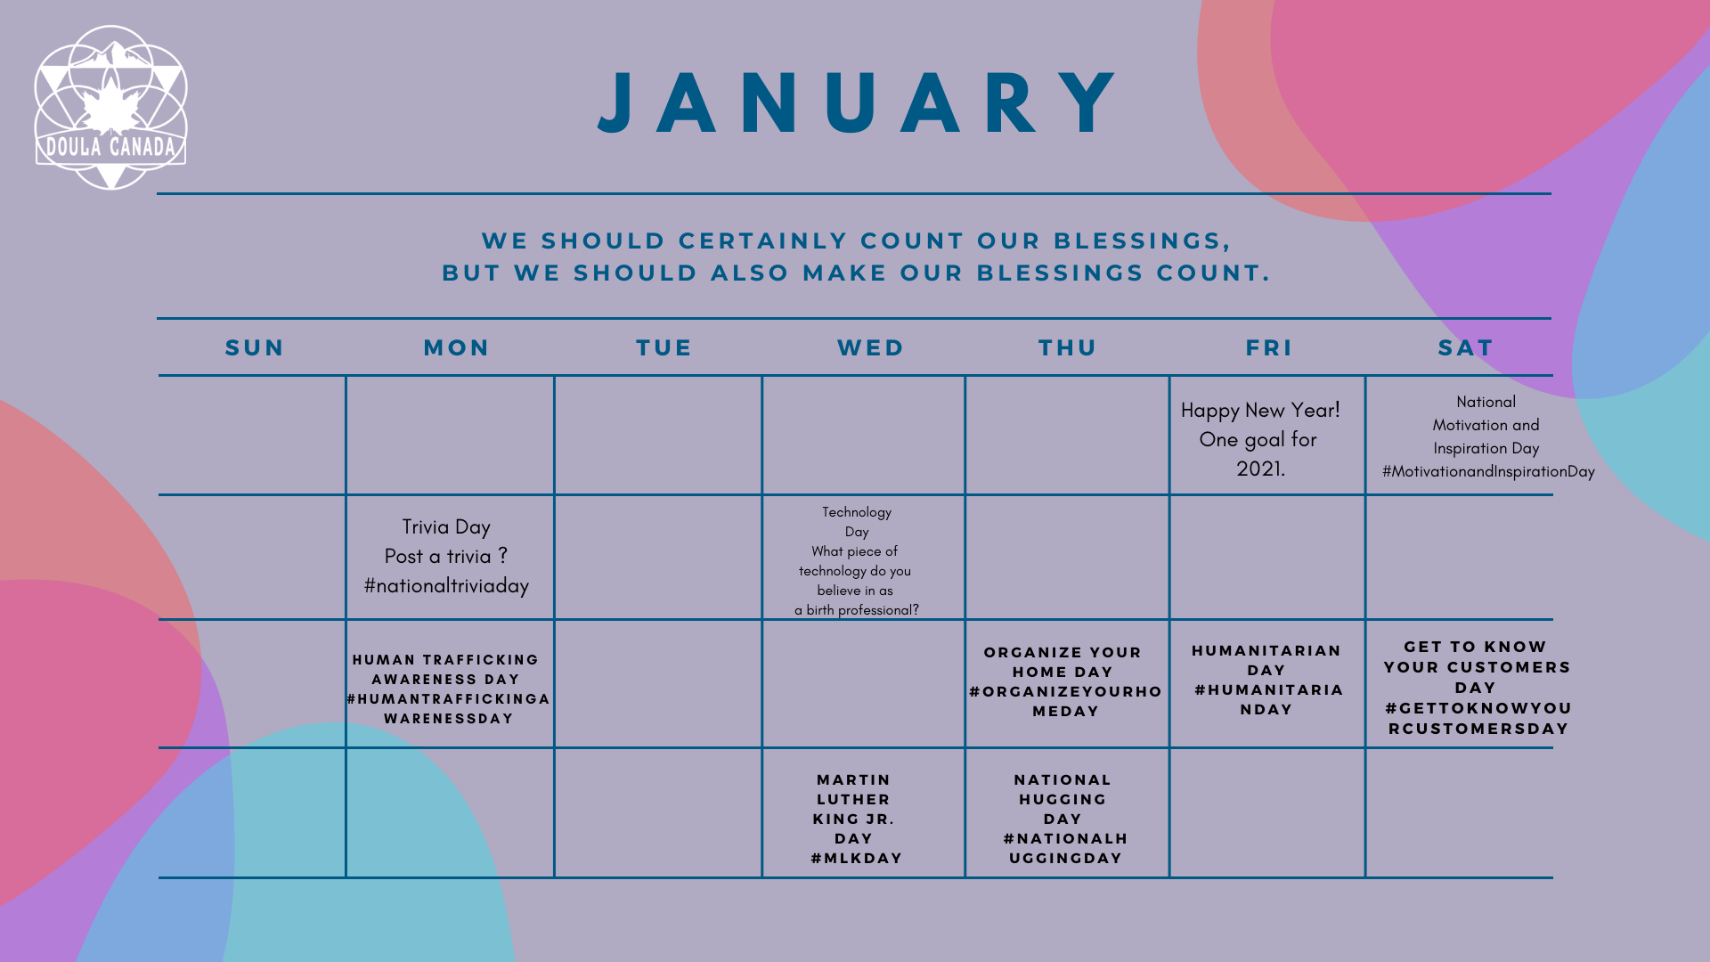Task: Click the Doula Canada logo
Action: (110, 107)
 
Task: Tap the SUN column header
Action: (255, 347)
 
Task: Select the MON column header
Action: (456, 347)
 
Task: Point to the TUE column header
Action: (664, 347)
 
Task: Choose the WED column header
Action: (870, 347)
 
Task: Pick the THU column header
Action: (1067, 347)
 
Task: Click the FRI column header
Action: (1269, 347)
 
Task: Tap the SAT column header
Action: (1465, 347)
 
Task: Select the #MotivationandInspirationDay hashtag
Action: (1488, 471)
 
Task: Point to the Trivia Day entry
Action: (446, 556)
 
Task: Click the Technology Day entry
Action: (857, 561)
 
